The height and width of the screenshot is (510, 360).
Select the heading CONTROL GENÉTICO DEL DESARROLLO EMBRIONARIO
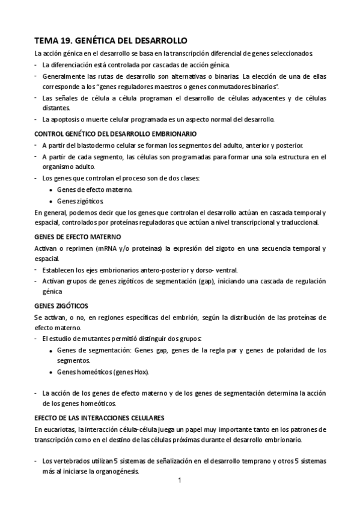point(115,133)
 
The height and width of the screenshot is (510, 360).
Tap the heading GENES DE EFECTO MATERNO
point(78,236)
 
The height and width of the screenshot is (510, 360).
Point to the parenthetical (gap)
point(207,281)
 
